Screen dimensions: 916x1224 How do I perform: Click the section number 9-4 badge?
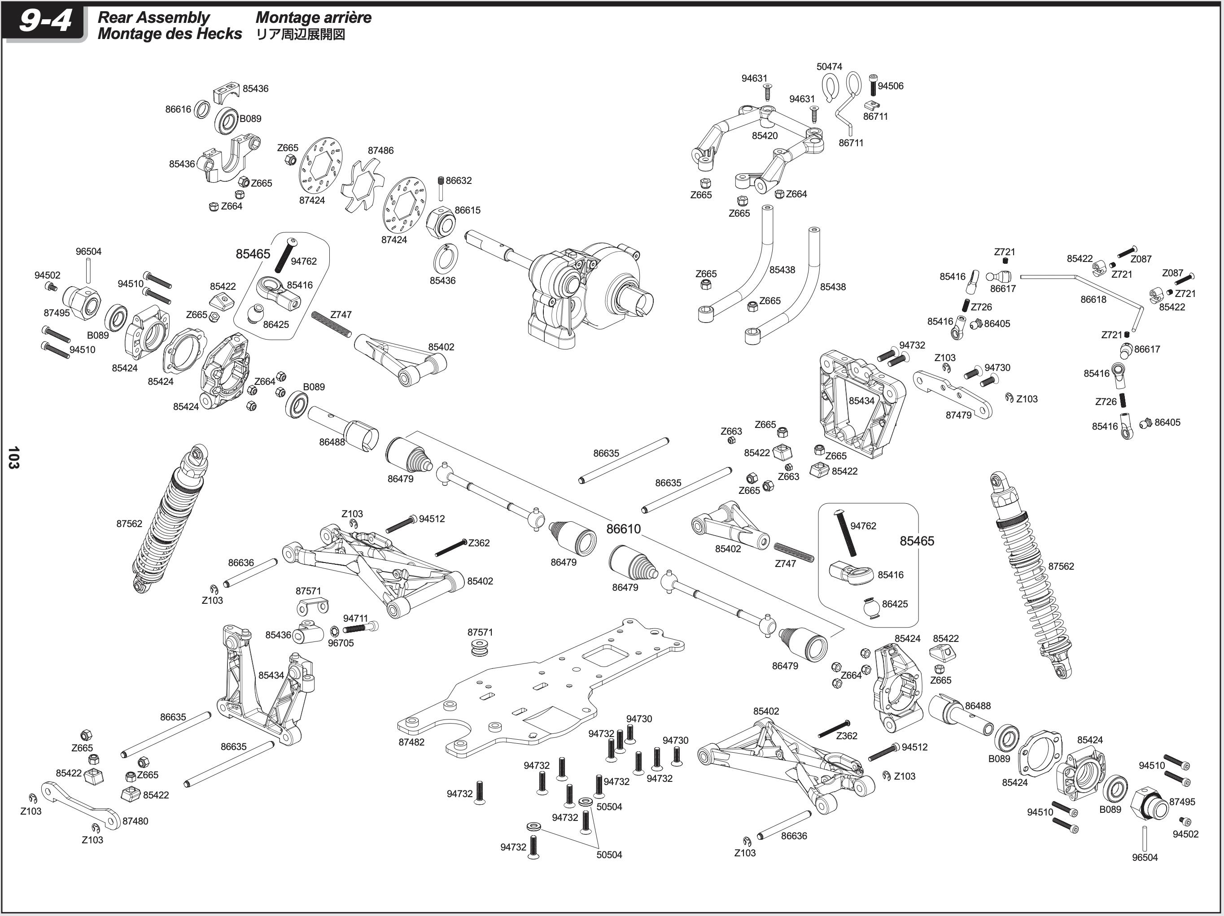[44, 22]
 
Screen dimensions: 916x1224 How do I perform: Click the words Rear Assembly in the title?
[153, 17]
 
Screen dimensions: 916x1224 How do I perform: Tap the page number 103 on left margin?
[14, 458]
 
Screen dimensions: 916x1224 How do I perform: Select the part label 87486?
[380, 150]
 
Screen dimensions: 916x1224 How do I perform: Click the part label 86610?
[623, 529]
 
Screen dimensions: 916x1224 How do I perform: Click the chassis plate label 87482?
[411, 742]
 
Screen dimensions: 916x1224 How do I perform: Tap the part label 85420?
[765, 135]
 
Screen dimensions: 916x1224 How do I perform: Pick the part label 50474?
[829, 66]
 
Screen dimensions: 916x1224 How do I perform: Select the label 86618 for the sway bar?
[1093, 299]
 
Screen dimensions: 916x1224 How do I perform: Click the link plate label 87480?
[135, 821]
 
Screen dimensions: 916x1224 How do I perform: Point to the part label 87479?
[958, 415]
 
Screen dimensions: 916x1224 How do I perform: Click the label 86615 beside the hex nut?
[468, 210]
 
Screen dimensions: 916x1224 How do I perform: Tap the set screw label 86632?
[458, 180]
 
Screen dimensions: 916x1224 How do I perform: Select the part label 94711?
[355, 619]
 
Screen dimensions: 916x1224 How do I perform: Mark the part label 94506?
[890, 86]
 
